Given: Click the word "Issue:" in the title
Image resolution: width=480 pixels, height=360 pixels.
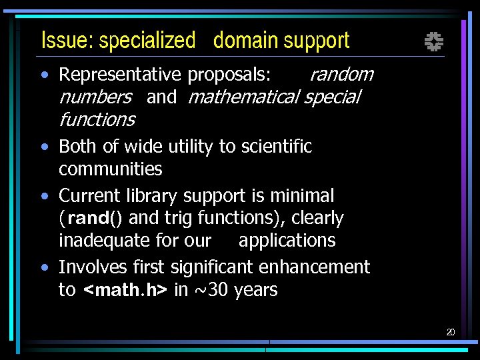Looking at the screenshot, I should pyautogui.click(x=67, y=41).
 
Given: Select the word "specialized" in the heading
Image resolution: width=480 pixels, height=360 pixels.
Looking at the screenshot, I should pyautogui.click(x=147, y=41).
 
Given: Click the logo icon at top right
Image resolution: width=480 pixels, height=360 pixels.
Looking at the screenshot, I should pyautogui.click(x=434, y=43).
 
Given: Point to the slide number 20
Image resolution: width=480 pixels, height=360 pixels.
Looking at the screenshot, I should pyautogui.click(x=451, y=332).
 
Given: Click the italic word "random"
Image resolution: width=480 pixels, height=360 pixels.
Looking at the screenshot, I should pyautogui.click(x=341, y=74).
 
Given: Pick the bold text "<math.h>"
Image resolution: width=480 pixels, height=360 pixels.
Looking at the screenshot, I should pyautogui.click(x=125, y=291).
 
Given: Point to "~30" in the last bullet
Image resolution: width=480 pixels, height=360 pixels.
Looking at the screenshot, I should pyautogui.click(x=211, y=290).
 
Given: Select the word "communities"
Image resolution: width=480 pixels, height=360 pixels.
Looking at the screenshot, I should pyautogui.click(x=111, y=169).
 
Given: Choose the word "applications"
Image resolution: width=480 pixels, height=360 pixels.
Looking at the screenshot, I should pyautogui.click(x=287, y=240).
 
